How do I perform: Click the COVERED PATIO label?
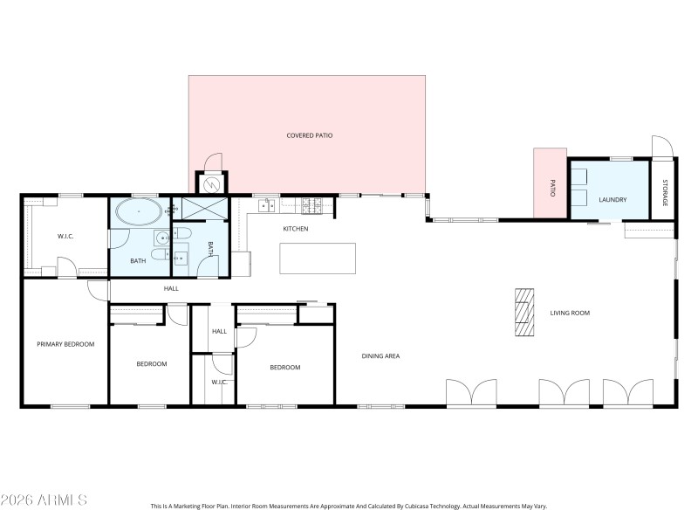pos(310,135)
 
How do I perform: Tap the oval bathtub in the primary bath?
pos(138,212)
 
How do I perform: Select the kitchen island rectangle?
pos(318,259)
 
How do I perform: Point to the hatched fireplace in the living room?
pos(523,312)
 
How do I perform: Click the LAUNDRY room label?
pos(612,200)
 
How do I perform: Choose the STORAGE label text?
pos(664,193)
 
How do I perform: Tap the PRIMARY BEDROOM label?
pos(65,344)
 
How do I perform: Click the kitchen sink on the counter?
pos(267,205)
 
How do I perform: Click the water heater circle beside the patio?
pos(211,184)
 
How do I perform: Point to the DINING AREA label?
pos(380,355)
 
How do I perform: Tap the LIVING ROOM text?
pos(570,313)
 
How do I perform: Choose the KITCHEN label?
pos(296,229)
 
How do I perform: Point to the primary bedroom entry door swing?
pos(99,290)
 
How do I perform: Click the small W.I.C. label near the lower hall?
pos(219,382)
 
